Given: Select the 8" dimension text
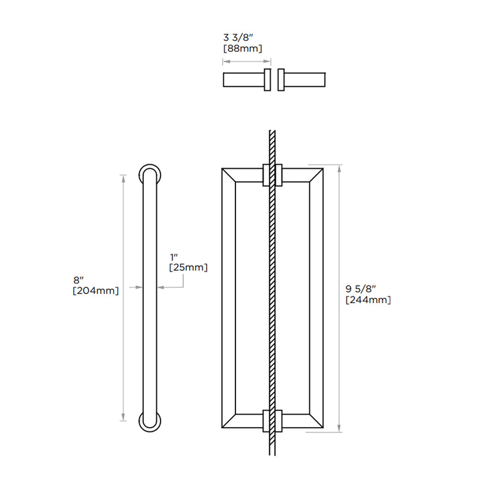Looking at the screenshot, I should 78,280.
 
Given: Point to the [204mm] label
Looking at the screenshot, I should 95,290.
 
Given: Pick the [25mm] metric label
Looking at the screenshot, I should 188,267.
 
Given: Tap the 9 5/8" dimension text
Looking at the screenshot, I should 360,289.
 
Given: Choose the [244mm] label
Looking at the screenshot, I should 368,300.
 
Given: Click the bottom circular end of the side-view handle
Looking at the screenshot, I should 150,423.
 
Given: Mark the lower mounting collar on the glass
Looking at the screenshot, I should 273,421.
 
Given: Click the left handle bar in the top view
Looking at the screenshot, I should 243,81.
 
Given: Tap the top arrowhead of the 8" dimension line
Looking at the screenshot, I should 124,178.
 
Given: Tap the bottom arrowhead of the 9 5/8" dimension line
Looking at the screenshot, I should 339,429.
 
